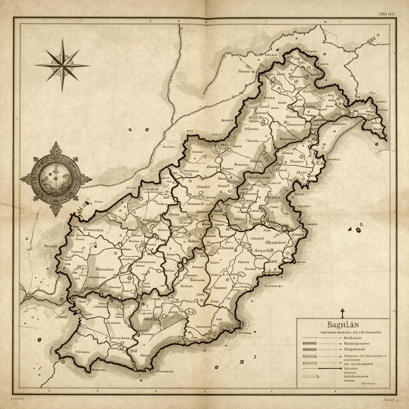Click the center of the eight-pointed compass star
click(x=62, y=65)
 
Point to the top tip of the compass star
click(x=62, y=38)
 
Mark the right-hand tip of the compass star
click(x=89, y=65)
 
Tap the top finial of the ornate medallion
click(x=56, y=145)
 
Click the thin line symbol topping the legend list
click(x=310, y=338)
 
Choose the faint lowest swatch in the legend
click(x=311, y=376)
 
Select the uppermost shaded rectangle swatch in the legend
click(x=310, y=343)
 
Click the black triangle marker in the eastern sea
click(x=350, y=229)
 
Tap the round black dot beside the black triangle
click(x=358, y=230)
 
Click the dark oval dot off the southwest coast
click(x=39, y=340)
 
